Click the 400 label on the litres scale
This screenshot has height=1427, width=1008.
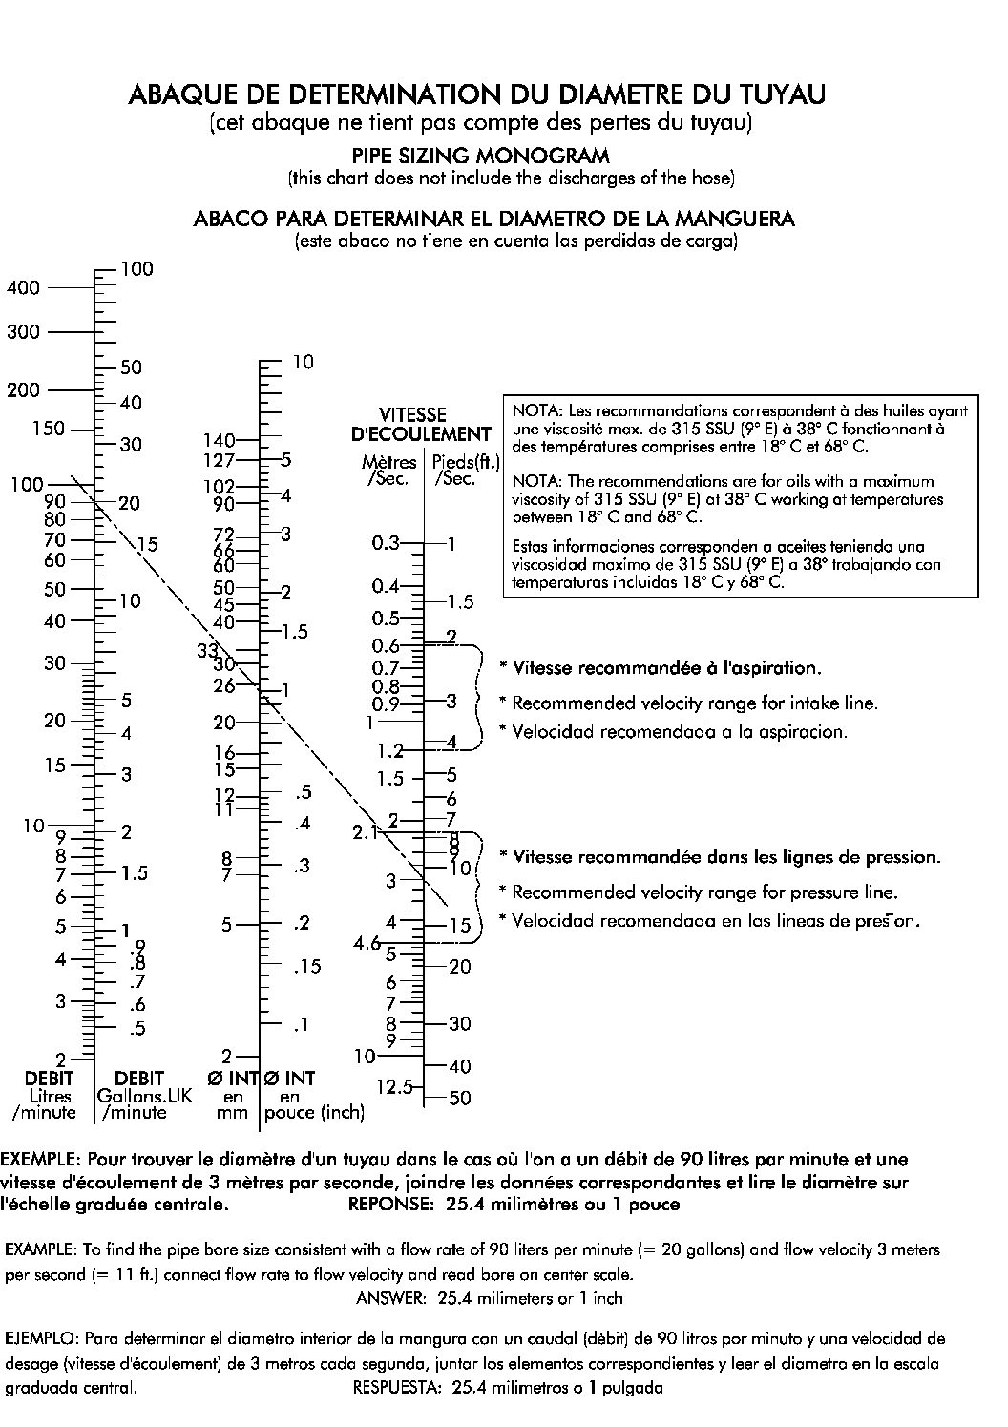pyautogui.click(x=23, y=287)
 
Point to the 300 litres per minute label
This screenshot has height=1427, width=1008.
pyautogui.click(x=23, y=332)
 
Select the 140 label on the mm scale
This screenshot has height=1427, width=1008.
pyautogui.click(x=219, y=440)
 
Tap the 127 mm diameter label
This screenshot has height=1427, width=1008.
pyautogui.click(x=219, y=459)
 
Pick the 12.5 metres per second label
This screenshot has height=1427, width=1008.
pyautogui.click(x=394, y=1086)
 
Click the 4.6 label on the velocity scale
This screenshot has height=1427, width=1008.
pyautogui.click(x=367, y=944)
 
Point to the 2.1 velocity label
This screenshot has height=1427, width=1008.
pyautogui.click(x=367, y=832)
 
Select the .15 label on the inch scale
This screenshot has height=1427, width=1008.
pyautogui.click(x=307, y=967)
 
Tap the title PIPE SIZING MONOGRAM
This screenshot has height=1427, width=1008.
pyautogui.click(x=480, y=156)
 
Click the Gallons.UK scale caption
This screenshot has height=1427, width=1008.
pyautogui.click(x=144, y=1096)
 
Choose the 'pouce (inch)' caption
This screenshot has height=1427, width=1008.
pyautogui.click(x=314, y=1113)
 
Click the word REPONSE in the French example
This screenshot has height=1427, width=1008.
pyautogui.click(x=390, y=1205)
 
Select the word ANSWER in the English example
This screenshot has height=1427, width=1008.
pyautogui.click(x=390, y=1298)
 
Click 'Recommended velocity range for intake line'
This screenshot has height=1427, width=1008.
pyautogui.click(x=695, y=703)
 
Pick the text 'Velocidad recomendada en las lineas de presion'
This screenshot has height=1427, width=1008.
pyautogui.click(x=716, y=921)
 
